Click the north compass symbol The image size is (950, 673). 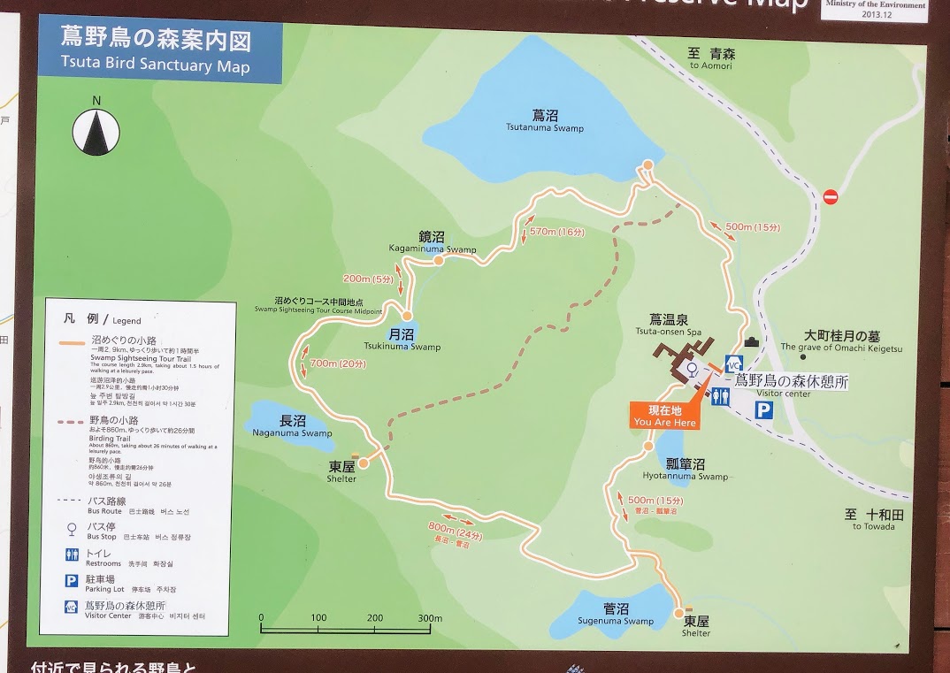click(96, 129)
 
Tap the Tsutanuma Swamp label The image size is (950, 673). click(545, 122)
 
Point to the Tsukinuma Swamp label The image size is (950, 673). click(402, 340)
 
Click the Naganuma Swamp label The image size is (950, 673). click(292, 427)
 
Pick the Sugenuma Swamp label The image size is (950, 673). click(616, 615)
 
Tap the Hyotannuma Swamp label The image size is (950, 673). click(686, 470)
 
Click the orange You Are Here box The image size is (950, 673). click(664, 416)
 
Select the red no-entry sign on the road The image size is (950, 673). click(830, 196)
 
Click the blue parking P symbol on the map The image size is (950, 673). click(763, 409)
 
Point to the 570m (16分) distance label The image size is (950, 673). click(557, 232)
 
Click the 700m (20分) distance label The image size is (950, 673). click(338, 363)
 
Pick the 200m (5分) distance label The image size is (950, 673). click(368, 279)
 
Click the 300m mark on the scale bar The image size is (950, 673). click(430, 618)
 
